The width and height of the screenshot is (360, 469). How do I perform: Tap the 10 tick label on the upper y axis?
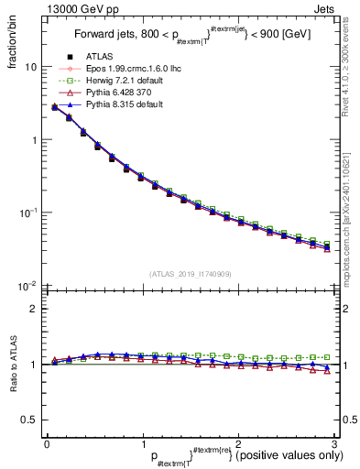[30, 68]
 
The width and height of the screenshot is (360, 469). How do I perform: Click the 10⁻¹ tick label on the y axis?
[27, 213]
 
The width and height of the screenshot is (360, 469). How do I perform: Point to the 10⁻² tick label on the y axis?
[27, 286]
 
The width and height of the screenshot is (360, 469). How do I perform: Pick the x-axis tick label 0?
[48, 443]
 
